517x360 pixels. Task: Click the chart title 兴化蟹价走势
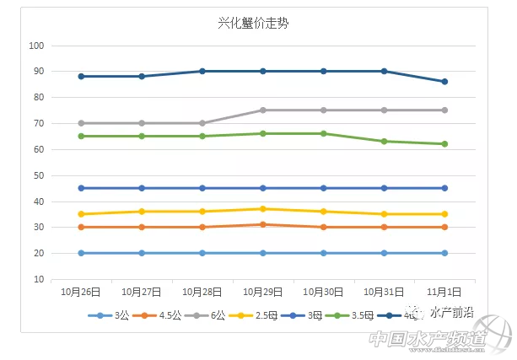click(x=258, y=23)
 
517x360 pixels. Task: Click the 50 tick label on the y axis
click(x=38, y=175)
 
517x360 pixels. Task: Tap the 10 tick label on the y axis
click(x=38, y=280)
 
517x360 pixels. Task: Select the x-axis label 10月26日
click(x=81, y=292)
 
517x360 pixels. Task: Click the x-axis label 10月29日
click(x=263, y=292)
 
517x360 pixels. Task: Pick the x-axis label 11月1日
click(x=444, y=292)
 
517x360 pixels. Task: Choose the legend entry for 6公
click(x=216, y=315)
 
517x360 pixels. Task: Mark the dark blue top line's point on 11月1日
click(x=444, y=82)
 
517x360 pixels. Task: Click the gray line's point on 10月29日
click(x=263, y=110)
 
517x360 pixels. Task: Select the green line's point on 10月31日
click(x=384, y=142)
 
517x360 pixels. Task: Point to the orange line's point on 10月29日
click(x=263, y=224)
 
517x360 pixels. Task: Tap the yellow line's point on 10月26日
click(x=81, y=214)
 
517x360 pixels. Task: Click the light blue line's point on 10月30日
click(x=323, y=253)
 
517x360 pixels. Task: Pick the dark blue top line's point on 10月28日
click(x=202, y=72)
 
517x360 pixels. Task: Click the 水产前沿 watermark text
click(x=451, y=313)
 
